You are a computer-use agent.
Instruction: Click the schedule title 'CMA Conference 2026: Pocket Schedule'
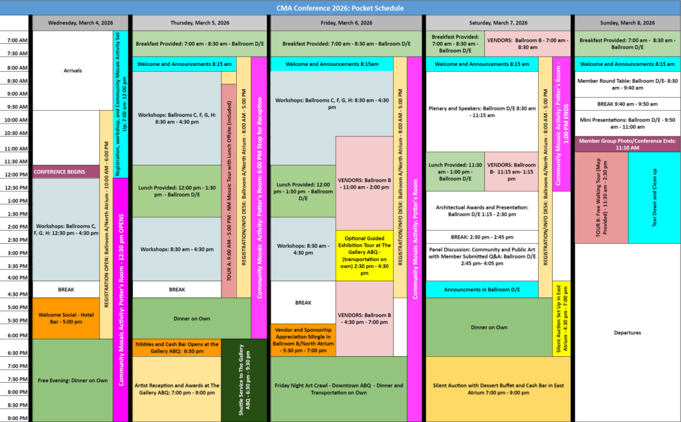[340, 8]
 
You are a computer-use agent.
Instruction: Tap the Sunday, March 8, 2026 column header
[628, 22]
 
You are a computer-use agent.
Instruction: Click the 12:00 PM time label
[16, 175]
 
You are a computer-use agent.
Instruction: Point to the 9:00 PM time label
[16, 417]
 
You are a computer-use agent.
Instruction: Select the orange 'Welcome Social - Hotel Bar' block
[65, 318]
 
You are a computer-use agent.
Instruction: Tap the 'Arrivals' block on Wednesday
[72, 70]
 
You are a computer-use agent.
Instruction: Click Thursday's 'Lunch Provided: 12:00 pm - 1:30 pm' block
[176, 191]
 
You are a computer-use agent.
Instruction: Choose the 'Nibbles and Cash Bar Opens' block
[176, 348]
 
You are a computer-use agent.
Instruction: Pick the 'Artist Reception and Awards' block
[176, 389]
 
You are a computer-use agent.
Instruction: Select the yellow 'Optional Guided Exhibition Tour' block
[364, 255]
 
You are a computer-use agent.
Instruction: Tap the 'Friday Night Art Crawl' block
[337, 389]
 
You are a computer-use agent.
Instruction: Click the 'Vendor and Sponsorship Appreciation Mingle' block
[303, 340]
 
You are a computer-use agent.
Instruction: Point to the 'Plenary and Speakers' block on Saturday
[481, 112]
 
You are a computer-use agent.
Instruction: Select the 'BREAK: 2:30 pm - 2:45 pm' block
[481, 237]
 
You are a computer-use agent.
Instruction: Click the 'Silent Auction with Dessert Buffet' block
[499, 389]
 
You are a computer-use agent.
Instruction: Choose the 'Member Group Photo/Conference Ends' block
[628, 144]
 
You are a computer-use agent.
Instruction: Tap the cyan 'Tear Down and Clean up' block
[654, 197]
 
